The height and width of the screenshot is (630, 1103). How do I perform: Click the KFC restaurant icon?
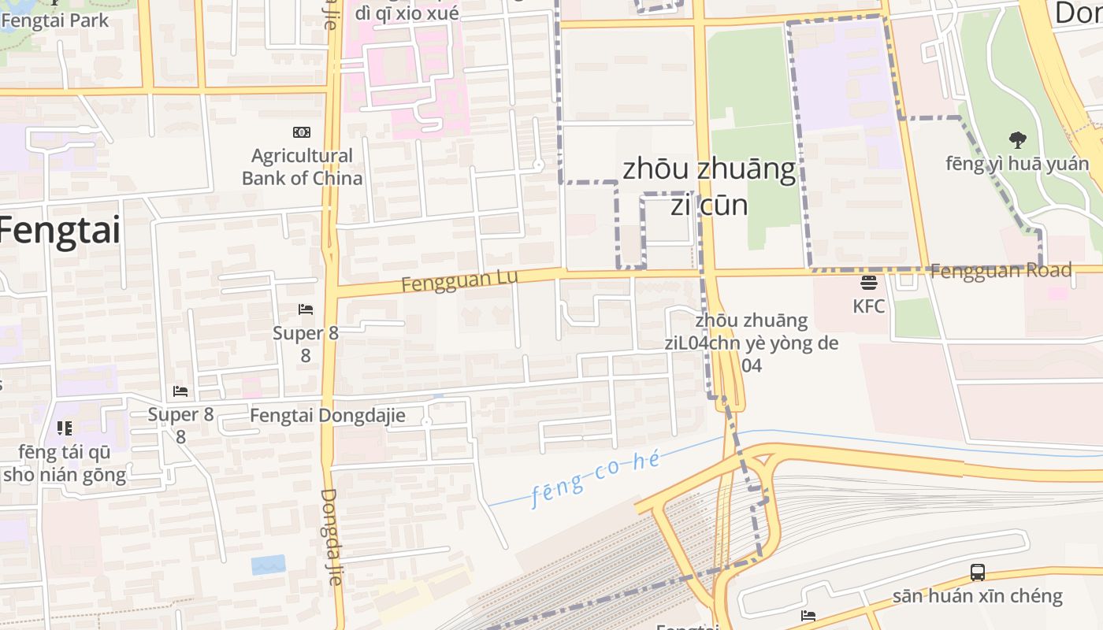[x=869, y=283]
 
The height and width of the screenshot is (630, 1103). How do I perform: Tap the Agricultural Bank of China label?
[x=303, y=167]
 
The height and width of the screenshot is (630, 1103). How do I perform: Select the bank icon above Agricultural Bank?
[x=301, y=132]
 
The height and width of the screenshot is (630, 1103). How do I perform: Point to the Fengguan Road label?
[x=1001, y=271]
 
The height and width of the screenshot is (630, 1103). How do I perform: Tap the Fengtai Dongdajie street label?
[x=328, y=415]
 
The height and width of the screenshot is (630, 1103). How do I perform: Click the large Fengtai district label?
[x=60, y=231]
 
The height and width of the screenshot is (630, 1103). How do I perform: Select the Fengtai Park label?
[x=55, y=20]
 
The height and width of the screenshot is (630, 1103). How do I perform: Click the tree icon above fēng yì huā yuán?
[x=1018, y=141]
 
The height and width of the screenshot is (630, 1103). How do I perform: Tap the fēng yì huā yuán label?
[x=1018, y=164]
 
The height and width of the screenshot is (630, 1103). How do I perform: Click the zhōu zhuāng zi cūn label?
[x=709, y=187]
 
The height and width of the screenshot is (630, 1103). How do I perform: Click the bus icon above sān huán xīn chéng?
[x=977, y=573]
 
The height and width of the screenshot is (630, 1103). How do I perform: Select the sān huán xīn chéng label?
[x=977, y=596]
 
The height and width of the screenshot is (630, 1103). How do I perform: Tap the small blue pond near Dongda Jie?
[x=268, y=565]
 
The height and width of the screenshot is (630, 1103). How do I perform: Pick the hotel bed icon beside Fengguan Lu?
[x=306, y=309]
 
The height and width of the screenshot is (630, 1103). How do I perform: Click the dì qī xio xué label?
[x=407, y=13]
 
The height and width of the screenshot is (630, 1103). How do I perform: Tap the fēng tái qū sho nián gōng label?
[x=65, y=463]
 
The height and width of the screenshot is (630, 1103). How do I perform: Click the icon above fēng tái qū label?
[x=65, y=428]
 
